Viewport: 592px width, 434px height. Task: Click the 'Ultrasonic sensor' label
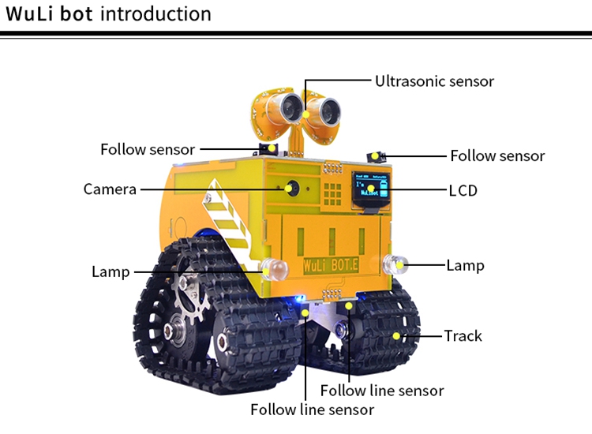pos(434,81)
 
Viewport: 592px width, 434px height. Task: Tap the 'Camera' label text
pos(110,189)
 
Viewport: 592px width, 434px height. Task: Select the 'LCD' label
pos(463,190)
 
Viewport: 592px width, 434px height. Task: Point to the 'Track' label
pos(463,336)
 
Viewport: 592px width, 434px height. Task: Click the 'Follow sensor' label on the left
pos(147,149)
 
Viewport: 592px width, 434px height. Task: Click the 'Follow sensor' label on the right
pos(497,156)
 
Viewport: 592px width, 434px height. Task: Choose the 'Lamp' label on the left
pos(111,272)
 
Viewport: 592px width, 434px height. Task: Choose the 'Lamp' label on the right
pos(465,265)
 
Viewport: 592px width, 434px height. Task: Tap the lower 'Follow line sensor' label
pos(312,410)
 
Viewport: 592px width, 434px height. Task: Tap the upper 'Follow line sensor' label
pos(382,391)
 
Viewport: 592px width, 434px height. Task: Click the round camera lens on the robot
pos(293,189)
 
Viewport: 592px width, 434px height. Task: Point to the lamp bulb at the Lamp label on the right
pos(393,264)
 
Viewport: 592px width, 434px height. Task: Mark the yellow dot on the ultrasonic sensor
pos(306,116)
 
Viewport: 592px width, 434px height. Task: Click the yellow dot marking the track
pos(398,336)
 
